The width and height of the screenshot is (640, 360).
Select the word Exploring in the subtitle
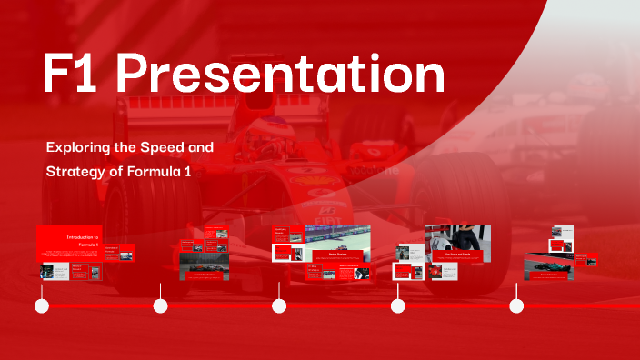pyautogui.click(x=75, y=146)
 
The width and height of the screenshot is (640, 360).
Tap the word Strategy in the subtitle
pyautogui.click(x=76, y=170)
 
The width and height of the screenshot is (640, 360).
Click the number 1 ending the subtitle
pyautogui.click(x=186, y=170)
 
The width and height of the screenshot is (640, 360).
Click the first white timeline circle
pyautogui.click(x=42, y=306)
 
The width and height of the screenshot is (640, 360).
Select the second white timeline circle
pyautogui.click(x=161, y=306)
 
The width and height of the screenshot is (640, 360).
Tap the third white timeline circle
pyautogui.click(x=280, y=306)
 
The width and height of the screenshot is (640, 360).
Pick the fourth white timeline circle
pyautogui.click(x=398, y=306)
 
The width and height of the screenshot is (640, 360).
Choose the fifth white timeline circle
pyautogui.click(x=516, y=306)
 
